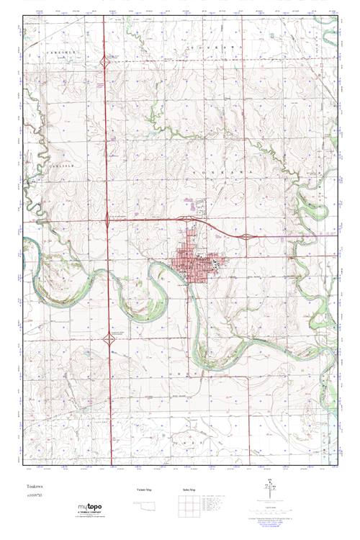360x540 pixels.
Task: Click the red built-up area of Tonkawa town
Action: (x=199, y=263)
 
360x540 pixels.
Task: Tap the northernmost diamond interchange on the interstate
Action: (x=107, y=64)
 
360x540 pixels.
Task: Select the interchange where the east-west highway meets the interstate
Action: (x=108, y=217)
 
